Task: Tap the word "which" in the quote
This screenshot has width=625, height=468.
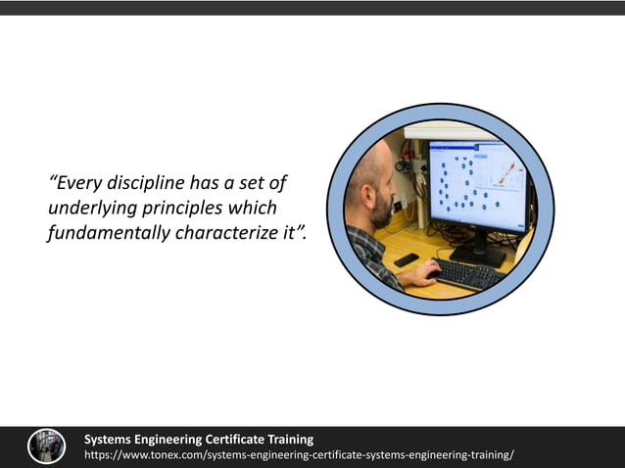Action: (253, 209)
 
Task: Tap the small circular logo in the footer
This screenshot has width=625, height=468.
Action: (47, 446)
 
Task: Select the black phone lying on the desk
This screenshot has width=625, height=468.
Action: (406, 259)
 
